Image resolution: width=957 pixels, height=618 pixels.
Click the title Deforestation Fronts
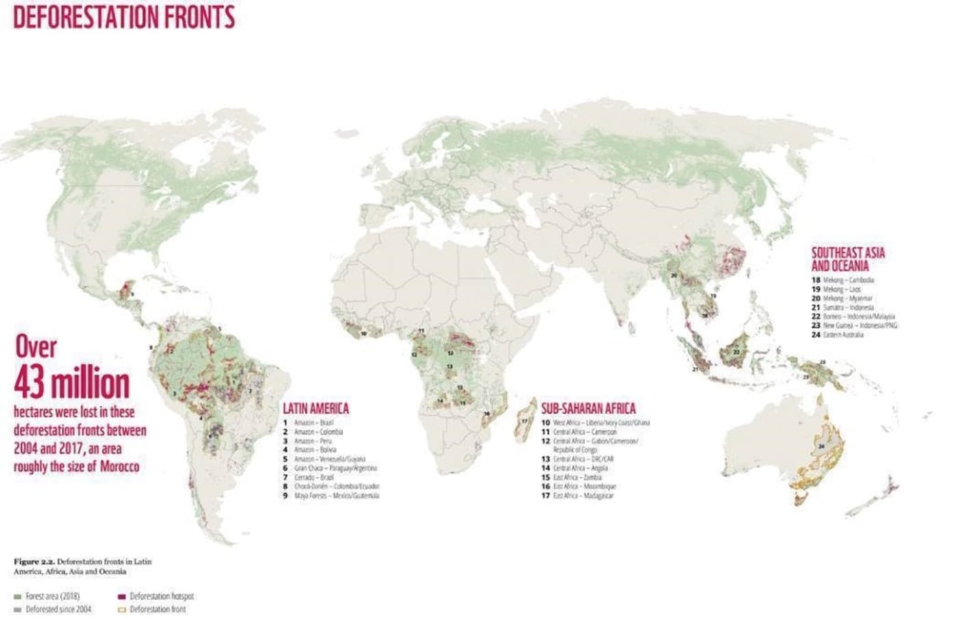click(x=124, y=16)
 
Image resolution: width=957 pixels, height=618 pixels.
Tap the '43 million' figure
click(x=72, y=383)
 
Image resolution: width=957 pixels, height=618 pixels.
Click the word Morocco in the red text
click(x=120, y=467)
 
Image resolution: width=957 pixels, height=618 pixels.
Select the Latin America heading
click(x=316, y=409)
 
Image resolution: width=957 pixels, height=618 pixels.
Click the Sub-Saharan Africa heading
click(x=588, y=409)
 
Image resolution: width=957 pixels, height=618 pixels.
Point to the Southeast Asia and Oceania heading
click(x=848, y=259)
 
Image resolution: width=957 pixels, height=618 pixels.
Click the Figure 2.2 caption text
click(x=82, y=566)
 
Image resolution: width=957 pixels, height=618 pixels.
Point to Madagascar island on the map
click(x=525, y=420)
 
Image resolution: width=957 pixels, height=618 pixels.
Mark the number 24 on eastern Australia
click(x=822, y=446)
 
